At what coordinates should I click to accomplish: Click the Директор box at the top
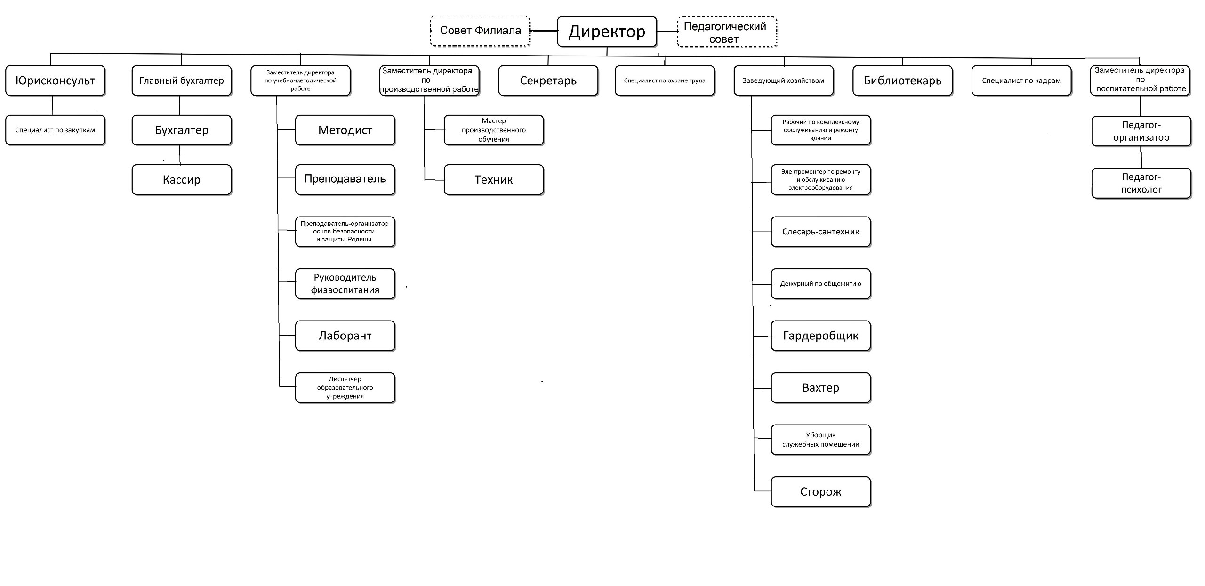click(x=607, y=32)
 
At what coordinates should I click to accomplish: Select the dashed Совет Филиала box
click(x=480, y=31)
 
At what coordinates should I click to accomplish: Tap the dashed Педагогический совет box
click(x=727, y=32)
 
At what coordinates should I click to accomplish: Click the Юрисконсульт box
click(x=55, y=80)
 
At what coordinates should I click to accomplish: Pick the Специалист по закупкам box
click(x=55, y=130)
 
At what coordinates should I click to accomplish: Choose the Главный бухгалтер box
click(x=182, y=80)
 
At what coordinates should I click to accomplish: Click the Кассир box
click(x=182, y=179)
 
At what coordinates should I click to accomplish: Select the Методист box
click(x=345, y=130)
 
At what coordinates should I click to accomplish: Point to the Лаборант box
click(x=345, y=336)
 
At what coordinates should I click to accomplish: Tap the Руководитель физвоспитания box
click(x=345, y=284)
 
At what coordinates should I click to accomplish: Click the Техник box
click(x=494, y=179)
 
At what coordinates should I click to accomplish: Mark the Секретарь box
click(x=548, y=80)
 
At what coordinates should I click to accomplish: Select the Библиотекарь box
click(x=902, y=80)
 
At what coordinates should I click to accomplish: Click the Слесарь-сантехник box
click(x=821, y=232)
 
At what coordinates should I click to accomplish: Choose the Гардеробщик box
click(x=821, y=336)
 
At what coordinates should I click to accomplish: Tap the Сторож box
click(x=821, y=492)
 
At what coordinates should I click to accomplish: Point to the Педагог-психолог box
click(x=1141, y=184)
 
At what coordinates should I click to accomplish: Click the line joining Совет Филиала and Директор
click(x=544, y=31)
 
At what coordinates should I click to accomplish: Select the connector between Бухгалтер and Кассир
click(x=180, y=155)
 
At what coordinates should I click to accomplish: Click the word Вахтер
click(x=821, y=388)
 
